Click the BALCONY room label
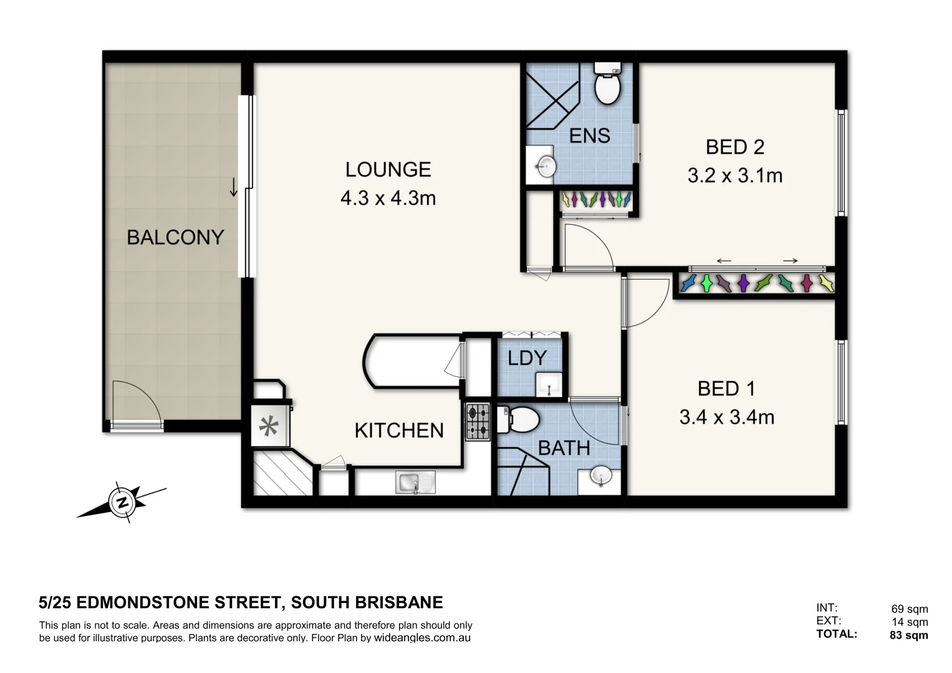tap(175, 237)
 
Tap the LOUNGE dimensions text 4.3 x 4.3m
tap(388, 198)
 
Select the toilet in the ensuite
tap(607, 85)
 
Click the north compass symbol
tap(122, 502)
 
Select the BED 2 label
tap(734, 147)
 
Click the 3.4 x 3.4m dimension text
tap(726, 417)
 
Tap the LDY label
tap(527, 358)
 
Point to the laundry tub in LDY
tap(549, 384)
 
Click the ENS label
tap(589, 135)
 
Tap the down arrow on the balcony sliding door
tap(234, 187)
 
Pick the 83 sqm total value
tap(908, 636)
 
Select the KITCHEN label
tap(399, 431)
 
